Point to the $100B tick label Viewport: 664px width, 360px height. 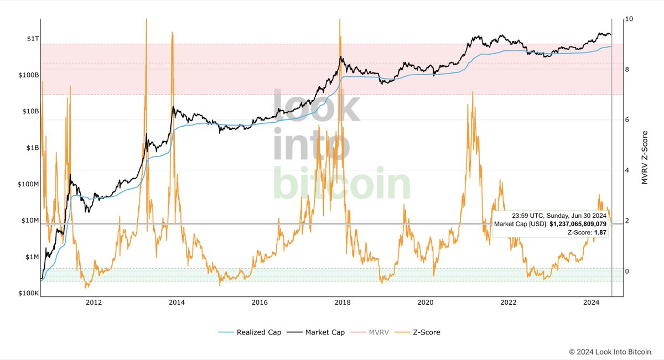pyautogui.click(x=28, y=75)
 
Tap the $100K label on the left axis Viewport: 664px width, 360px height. pyautogui.click(x=28, y=294)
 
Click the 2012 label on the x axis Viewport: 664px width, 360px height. pyautogui.click(x=94, y=302)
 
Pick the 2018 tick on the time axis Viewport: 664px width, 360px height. pyautogui.click(x=343, y=302)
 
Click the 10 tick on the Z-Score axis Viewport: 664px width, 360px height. pyautogui.click(x=629, y=19)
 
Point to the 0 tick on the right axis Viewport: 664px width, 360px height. pyautogui.click(x=627, y=271)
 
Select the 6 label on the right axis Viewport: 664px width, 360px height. pyautogui.click(x=627, y=120)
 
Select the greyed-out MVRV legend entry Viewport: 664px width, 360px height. pyautogui.click(x=380, y=332)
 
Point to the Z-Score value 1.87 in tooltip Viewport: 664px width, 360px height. pyautogui.click(x=599, y=233)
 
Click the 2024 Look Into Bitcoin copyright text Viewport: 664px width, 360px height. pyautogui.click(x=611, y=352)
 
